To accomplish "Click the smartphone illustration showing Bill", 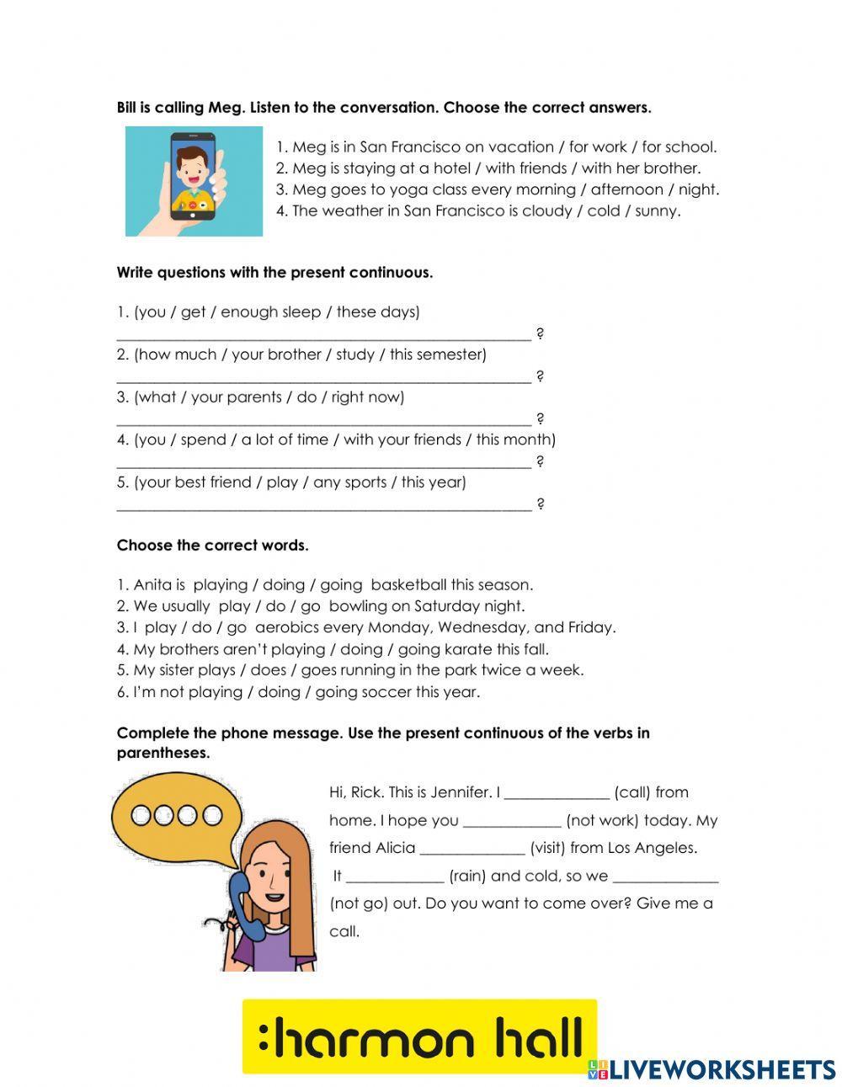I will (193, 179).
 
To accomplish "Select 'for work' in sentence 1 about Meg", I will (598, 147).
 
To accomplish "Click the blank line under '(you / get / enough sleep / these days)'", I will (323, 335).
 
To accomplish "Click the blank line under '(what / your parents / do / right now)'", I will (323, 420).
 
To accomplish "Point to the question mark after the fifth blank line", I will (541, 504).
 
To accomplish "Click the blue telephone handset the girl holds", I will (240, 893).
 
